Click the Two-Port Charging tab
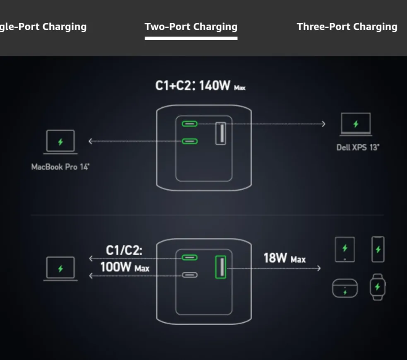[191, 27]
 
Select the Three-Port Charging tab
[347, 27]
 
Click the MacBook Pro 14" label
[60, 167]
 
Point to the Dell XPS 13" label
[357, 147]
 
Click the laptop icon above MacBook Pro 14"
[60, 142]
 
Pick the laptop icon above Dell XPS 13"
[356, 124]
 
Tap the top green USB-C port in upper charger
[190, 123]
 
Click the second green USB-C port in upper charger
[190, 141]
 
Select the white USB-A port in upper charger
[221, 133]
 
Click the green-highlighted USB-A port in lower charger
[221, 268]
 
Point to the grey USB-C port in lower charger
[190, 275]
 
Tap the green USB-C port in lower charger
[190, 258]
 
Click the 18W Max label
[284, 259]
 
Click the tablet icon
[344, 249]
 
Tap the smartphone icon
[378, 249]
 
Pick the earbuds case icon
[344, 288]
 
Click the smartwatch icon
[377, 287]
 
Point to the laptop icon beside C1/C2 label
[60, 268]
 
